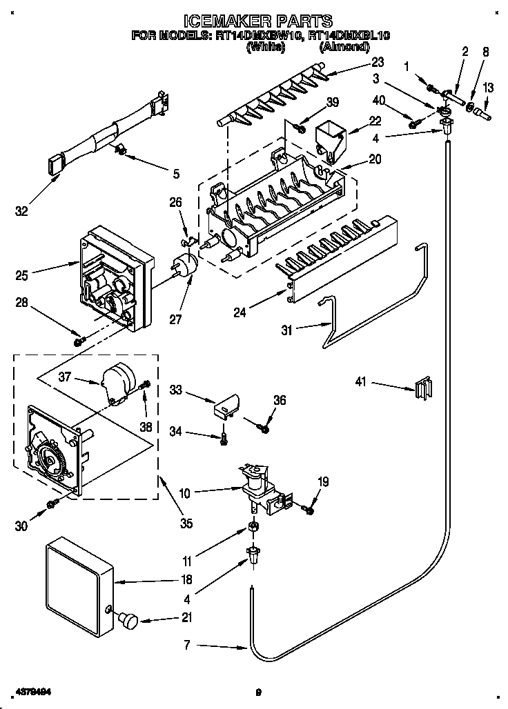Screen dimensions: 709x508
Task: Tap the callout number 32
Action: tap(22, 211)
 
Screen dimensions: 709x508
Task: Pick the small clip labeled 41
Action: tap(422, 388)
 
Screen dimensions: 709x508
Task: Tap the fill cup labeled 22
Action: tap(331, 139)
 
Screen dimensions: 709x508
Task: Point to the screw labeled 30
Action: tap(51, 506)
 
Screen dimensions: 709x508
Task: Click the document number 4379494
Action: tap(31, 690)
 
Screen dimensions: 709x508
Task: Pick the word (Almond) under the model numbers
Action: tap(344, 47)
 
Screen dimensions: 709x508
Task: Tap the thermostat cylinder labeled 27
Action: tap(184, 266)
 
